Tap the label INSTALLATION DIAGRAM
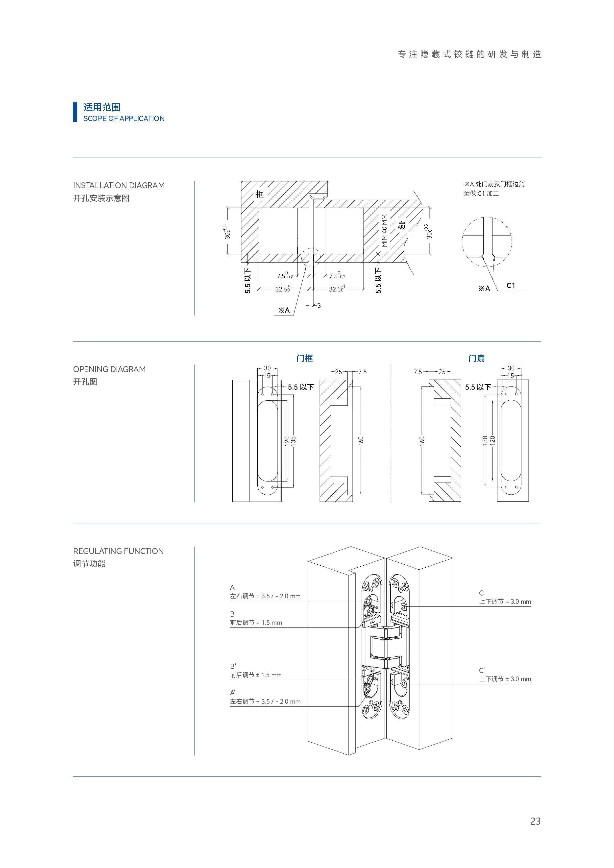[x=119, y=185]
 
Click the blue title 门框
[x=305, y=358]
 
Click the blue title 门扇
[x=476, y=358]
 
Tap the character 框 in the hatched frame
[x=260, y=194]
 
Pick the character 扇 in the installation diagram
[x=401, y=225]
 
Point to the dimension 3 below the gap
[x=319, y=306]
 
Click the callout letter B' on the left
[x=233, y=666]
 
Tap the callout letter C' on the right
[x=482, y=670]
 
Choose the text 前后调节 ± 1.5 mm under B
[x=256, y=623]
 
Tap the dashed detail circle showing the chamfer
[x=487, y=242]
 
